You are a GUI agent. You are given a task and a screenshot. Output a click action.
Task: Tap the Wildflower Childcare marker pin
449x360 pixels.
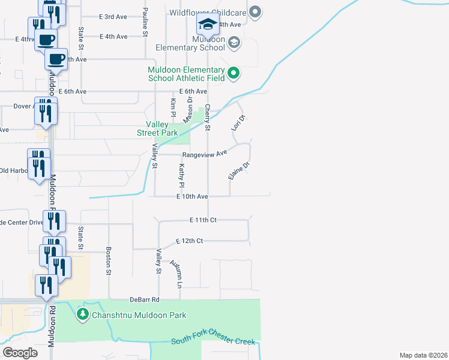[x=256, y=11]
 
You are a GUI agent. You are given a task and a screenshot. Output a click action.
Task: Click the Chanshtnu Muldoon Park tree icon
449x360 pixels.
[x=82, y=314]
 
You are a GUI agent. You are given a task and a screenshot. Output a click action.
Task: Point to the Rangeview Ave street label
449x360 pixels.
[x=205, y=154]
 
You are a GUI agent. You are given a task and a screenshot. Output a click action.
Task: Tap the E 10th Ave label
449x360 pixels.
[x=192, y=197]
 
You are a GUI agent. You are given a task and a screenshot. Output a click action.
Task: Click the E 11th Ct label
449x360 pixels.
[x=203, y=220]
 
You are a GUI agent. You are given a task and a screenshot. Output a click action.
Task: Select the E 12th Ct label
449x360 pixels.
[x=190, y=241]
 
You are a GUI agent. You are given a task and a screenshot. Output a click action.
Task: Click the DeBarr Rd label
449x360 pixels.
[x=144, y=299]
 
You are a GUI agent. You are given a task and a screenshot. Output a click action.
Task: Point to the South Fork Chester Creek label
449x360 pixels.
[x=213, y=341]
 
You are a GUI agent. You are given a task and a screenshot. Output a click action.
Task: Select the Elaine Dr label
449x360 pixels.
[x=238, y=171]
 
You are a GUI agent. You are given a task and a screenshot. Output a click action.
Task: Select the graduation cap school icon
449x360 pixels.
[x=208, y=25]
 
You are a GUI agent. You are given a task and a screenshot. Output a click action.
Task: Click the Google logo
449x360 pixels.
[x=20, y=352]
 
